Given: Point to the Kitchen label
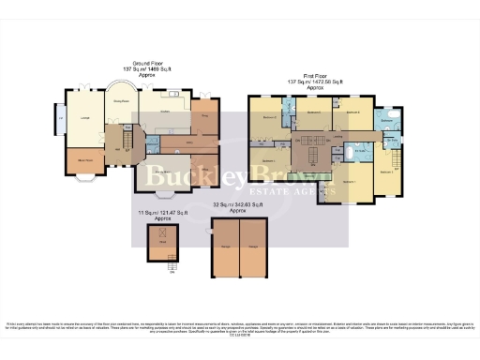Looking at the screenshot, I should click(x=165, y=111).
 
